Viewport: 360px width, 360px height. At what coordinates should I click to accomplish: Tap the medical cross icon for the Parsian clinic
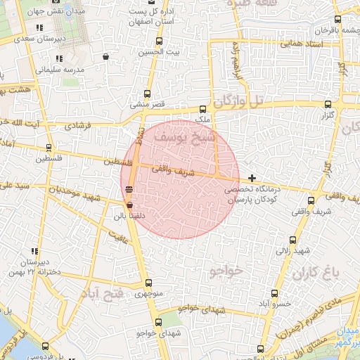(x=252, y=178)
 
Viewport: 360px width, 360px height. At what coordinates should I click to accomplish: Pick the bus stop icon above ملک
(x=203, y=109)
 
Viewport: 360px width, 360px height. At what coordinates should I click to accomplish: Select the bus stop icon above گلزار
(x=328, y=104)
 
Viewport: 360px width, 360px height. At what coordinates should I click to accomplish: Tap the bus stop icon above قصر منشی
(x=147, y=94)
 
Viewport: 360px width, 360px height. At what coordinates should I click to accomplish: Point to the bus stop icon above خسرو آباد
(x=274, y=293)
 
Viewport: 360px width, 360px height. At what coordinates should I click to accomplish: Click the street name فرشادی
(x=78, y=128)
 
